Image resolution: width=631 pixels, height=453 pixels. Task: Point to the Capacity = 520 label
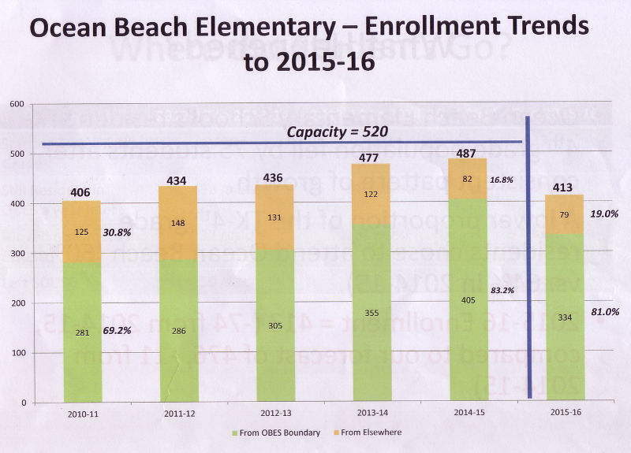point(337,132)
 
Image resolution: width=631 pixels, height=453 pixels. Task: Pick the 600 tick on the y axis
point(16,104)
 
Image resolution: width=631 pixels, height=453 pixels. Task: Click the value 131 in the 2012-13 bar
point(275,218)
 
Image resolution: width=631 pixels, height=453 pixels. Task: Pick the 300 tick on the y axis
point(16,254)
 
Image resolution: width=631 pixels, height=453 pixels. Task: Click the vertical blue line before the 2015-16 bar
point(527,260)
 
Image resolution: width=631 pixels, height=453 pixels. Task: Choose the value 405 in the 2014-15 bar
point(469,299)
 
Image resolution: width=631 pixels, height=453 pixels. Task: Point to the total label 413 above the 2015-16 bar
point(565,187)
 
